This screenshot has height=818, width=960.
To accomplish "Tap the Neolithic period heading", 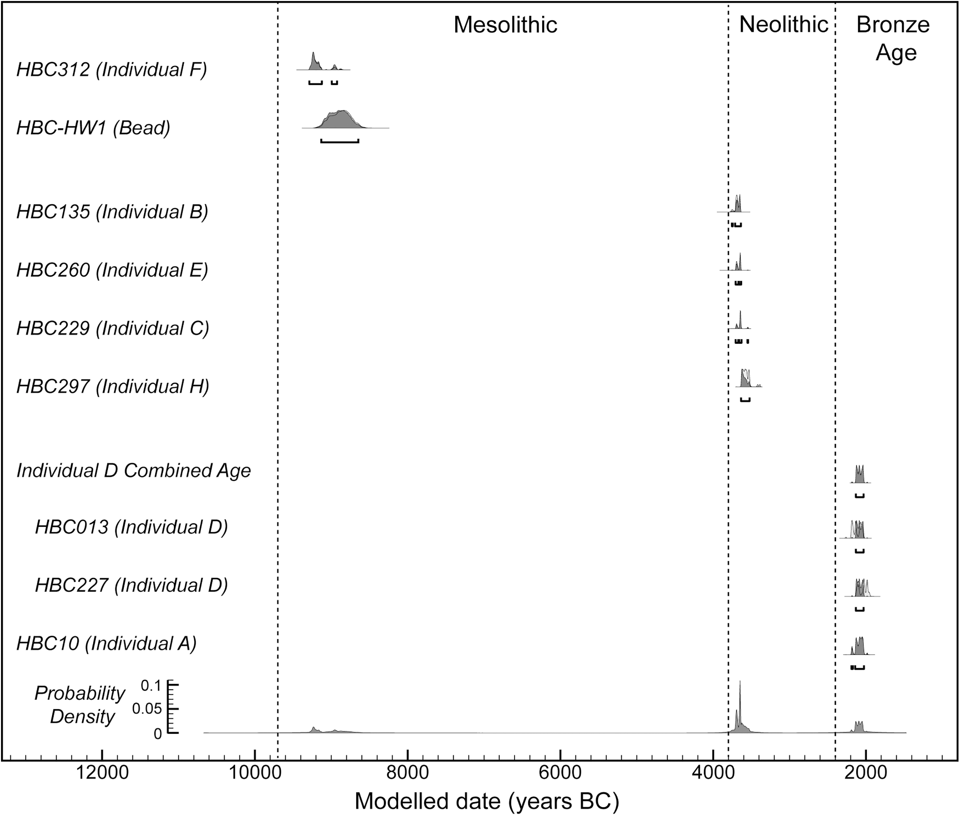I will (x=783, y=25).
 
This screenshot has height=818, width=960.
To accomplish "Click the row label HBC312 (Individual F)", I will (x=111, y=70).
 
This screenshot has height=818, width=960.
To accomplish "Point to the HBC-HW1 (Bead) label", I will (x=94, y=128).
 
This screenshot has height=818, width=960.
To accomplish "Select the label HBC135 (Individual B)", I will (x=112, y=212).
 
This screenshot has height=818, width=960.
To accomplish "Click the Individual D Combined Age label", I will (x=133, y=471).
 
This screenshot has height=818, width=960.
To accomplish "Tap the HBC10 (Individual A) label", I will (x=107, y=644).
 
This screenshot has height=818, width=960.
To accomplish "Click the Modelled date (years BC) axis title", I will (x=486, y=801).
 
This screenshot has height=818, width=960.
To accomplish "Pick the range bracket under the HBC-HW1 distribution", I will (x=339, y=141).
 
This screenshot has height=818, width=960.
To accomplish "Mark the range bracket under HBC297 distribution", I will (x=745, y=400).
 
